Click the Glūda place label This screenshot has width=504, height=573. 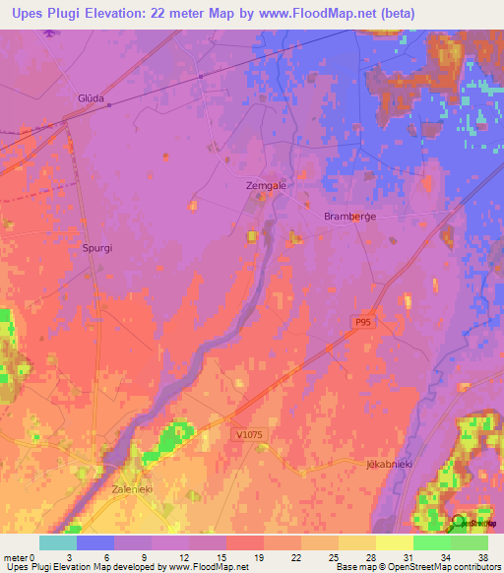[90, 97]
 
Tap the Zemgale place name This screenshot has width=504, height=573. [264, 185]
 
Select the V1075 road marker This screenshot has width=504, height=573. [250, 434]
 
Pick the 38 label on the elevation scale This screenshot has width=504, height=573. [481, 558]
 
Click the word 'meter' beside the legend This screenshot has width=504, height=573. [15, 558]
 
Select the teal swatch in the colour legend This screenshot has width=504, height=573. [58, 542]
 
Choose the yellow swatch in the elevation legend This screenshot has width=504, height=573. [395, 542]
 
